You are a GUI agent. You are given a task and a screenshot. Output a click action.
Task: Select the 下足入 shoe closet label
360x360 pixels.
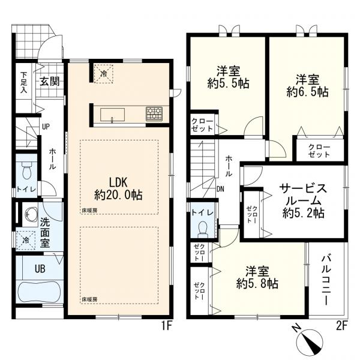click(x=23, y=82)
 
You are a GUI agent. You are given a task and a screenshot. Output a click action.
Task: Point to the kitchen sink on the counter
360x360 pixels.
click(x=112, y=114)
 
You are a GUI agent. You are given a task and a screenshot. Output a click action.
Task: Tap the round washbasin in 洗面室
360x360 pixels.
click(x=28, y=213)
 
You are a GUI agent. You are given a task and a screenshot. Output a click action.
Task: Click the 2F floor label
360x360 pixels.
click(x=341, y=326)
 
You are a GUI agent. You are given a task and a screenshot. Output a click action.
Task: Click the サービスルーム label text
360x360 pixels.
click(x=302, y=194)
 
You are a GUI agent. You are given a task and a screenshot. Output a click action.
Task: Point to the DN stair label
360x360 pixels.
click(x=220, y=188)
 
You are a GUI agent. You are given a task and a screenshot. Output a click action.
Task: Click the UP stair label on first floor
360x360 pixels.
click(x=45, y=127)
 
